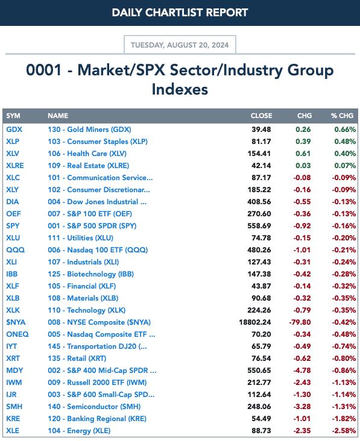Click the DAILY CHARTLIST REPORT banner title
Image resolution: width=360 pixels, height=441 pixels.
tap(180, 13)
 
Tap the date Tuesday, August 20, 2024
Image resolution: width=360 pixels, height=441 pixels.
tap(180, 45)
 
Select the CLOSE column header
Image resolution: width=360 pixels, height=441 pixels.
tap(261, 116)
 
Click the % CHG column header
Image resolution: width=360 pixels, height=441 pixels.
tap(342, 116)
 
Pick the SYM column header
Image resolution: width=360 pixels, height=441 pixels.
tap(13, 116)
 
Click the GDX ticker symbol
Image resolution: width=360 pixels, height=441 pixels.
tap(14, 130)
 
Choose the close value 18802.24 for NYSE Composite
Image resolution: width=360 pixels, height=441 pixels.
tap(255, 322)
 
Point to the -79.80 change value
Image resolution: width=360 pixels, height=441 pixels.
tap(300, 322)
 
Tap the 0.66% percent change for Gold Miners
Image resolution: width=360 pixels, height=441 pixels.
tap(345, 130)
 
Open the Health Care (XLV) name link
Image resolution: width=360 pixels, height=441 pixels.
tap(87, 154)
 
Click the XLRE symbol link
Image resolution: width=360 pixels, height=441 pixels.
tap(15, 166)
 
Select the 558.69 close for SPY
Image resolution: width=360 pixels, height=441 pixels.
tap(259, 226)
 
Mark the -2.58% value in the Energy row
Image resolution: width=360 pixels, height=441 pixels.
tap(344, 431)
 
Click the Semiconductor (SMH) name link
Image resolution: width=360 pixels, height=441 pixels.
tap(94, 407)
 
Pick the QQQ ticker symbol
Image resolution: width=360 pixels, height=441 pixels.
tap(16, 250)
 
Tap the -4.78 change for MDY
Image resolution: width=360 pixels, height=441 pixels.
tap(302, 371)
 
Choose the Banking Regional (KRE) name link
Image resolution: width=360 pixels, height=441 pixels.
tap(97, 419)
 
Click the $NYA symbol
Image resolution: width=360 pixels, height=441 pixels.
tap(16, 322)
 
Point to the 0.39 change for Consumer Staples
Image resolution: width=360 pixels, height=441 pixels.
tap(303, 142)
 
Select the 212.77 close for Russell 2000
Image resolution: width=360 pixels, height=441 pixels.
tap(259, 383)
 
